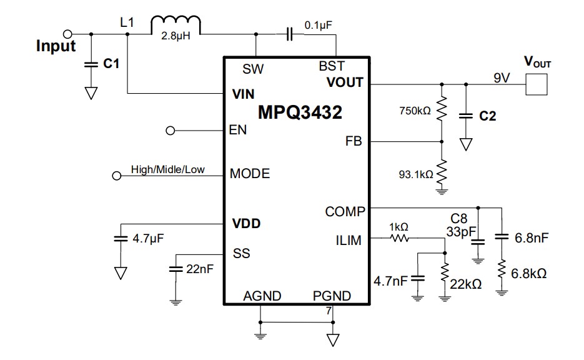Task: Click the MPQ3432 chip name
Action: point(300,113)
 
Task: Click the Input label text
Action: point(56,46)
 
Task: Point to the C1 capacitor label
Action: point(111,64)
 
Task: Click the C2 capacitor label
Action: point(487,116)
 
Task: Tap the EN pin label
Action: point(238,131)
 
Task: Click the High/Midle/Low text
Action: point(167,169)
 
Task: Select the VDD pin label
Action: point(246,223)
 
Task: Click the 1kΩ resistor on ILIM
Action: point(399,238)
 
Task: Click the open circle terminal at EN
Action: point(170,131)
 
